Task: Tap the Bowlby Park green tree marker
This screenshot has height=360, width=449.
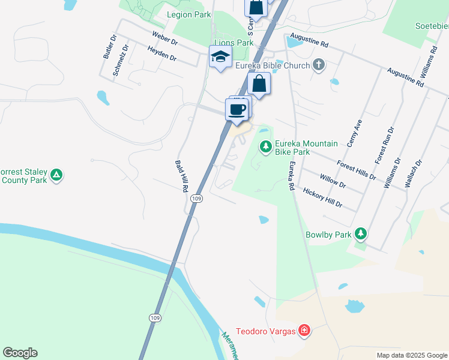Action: coord(360,233)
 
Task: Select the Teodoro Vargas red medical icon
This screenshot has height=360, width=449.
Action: coord(304,330)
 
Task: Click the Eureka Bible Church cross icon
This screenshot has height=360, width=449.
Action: coord(318,65)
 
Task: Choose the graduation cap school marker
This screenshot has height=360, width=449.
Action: coord(220,58)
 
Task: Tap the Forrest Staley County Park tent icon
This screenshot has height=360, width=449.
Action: coord(56,175)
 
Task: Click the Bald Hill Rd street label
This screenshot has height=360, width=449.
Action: coord(181,175)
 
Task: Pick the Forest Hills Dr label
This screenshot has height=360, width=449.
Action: coord(356,169)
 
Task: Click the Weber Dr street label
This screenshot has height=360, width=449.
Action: coord(165,39)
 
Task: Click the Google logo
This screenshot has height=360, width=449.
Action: coord(20,353)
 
